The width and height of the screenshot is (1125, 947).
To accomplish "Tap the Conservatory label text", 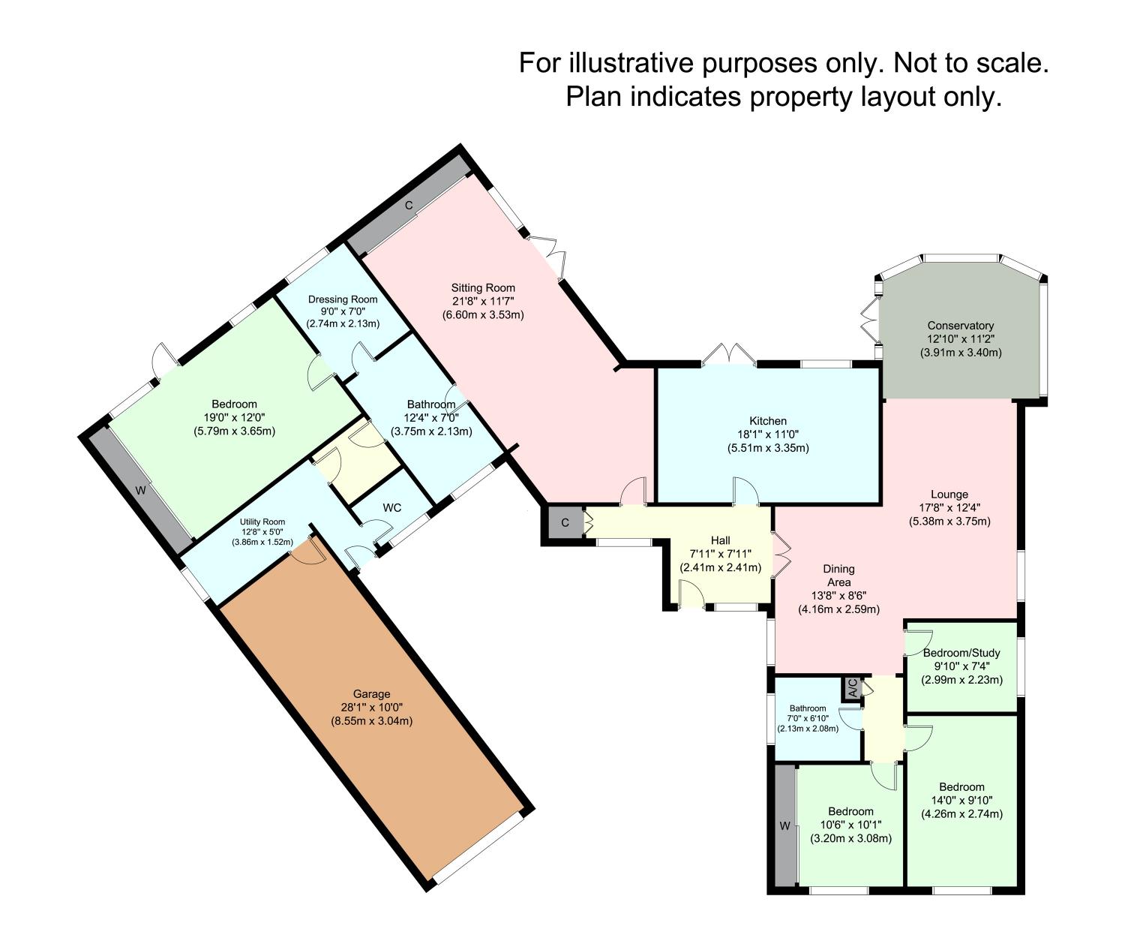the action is pos(960,326).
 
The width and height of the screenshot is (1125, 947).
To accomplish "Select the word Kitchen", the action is pos(768,421).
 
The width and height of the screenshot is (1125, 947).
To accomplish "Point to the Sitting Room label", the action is pos(483,287).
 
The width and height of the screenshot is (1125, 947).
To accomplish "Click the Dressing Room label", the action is pos(343,299).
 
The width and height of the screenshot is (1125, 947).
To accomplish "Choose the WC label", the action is pos(391,508).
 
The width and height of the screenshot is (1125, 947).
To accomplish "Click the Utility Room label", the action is pos(262,522).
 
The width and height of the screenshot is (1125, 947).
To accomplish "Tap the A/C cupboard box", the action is pos(852,688).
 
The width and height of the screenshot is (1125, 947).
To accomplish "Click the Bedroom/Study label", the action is pos(961,653).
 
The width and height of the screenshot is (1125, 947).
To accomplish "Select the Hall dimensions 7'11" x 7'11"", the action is pos(720,554).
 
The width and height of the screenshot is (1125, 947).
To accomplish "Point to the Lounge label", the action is pos(949,495).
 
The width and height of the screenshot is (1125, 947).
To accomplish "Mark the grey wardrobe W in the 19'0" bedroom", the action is pos(139,491).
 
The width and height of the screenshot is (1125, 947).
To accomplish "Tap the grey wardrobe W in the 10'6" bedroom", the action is pos(784,826).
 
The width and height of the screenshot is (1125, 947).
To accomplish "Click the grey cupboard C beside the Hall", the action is pos(565,522).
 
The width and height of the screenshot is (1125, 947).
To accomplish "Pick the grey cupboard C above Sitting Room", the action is pos(409,206).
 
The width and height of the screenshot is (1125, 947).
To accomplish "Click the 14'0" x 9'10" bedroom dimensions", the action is pos(961,801).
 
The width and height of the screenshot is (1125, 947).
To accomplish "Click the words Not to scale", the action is pos(967,63).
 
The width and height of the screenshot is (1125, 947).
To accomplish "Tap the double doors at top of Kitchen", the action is pos(729,356).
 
